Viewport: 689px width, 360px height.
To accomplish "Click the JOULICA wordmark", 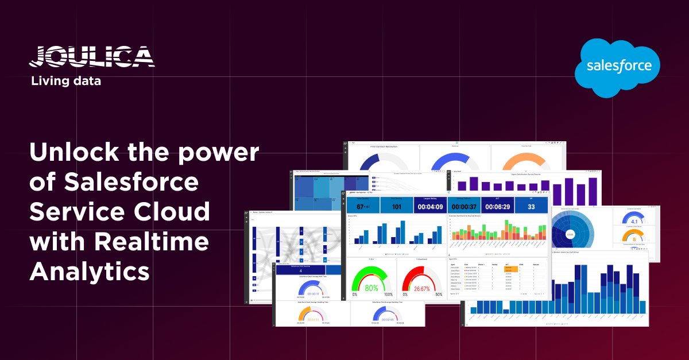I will pyautogui.click(x=91, y=57).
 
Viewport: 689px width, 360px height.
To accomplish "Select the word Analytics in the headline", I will pyautogui.click(x=90, y=270).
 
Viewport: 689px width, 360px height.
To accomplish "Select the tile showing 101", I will pyautogui.click(x=396, y=206).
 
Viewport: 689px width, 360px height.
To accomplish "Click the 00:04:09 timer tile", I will pyautogui.click(x=430, y=206).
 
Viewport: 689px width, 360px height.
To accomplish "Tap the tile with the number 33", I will pyautogui.click(x=531, y=206).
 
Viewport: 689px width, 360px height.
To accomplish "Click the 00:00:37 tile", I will pyautogui.click(x=464, y=206).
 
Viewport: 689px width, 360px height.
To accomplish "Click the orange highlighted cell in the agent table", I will pyautogui.click(x=509, y=269).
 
